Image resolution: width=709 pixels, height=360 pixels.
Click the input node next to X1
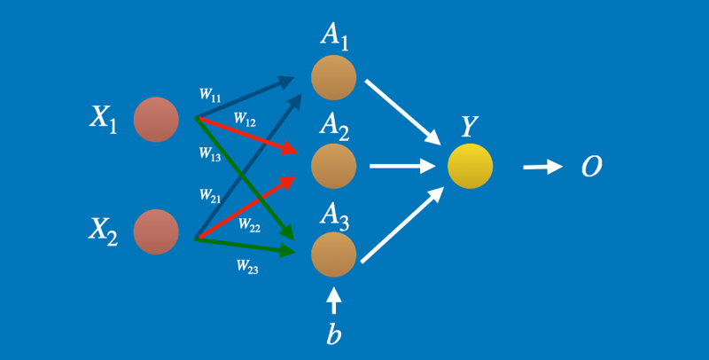click(156, 120)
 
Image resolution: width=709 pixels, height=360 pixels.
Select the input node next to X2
click(156, 231)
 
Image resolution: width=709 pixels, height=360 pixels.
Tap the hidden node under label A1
click(333, 77)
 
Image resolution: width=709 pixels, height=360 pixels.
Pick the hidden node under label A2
click(333, 165)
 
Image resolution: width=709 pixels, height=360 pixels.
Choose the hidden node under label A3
click(333, 254)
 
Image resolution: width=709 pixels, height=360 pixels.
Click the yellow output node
click(470, 166)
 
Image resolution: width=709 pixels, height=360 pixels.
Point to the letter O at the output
click(591, 167)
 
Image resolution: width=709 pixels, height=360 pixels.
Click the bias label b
click(333, 336)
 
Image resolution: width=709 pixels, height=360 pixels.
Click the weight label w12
click(245, 118)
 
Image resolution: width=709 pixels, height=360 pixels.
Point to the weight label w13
click(210, 153)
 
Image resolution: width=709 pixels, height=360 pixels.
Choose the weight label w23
click(247, 265)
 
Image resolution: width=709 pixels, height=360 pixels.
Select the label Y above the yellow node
click(470, 128)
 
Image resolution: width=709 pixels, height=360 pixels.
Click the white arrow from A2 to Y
click(401, 166)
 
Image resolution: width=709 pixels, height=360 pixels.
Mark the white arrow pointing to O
click(542, 166)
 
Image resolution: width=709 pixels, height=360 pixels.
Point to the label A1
click(335, 36)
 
